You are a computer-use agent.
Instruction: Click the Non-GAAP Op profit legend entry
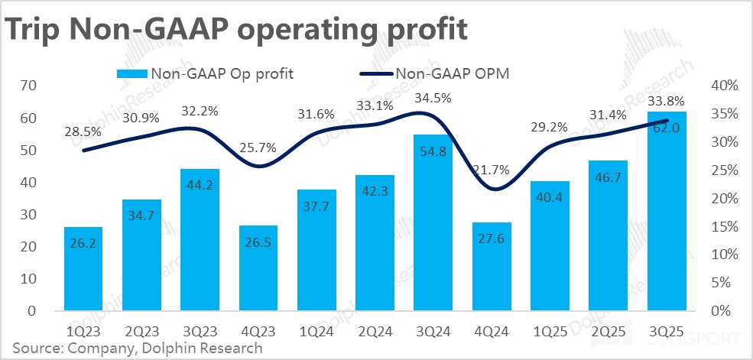[x=205, y=74]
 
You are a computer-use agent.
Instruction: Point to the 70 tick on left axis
[x=28, y=86]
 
